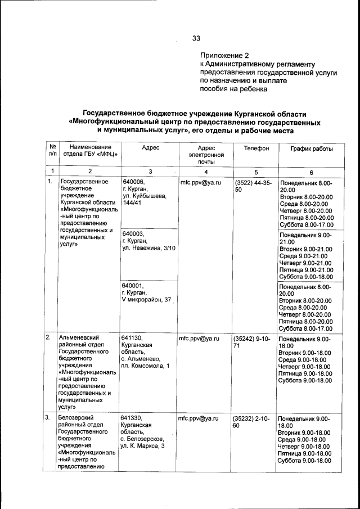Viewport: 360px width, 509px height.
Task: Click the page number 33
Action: pos(196,39)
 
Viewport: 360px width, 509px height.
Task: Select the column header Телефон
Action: pos(256,148)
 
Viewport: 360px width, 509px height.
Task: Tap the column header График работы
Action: pos(311,148)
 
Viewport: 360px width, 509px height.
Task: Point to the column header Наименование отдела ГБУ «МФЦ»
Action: pos(90,151)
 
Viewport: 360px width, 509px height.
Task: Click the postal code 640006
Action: pos(133,182)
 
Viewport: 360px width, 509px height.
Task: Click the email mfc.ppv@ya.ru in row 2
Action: pos(199,339)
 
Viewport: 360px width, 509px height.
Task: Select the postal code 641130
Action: pos(132,339)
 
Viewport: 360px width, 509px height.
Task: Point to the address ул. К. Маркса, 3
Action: pos(142,446)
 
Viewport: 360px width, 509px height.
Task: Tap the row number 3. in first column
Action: pos(48,418)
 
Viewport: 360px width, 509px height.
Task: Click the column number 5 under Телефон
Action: pos(256,172)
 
